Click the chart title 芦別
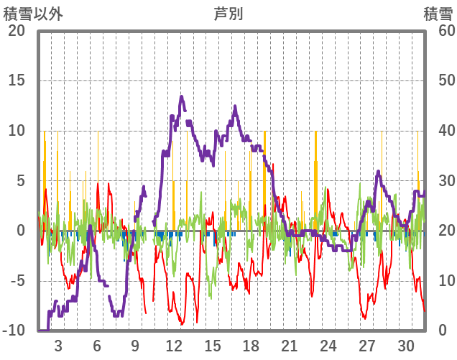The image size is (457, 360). coord(228,13)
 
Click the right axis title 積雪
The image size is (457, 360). coord(437,13)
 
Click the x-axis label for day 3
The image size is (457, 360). coord(58,345)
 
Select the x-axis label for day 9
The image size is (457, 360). coord(135,345)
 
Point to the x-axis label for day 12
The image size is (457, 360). coord(173,345)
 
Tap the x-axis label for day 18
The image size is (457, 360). coord(251,345)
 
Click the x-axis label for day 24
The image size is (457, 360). coord(328,345)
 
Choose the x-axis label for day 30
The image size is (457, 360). coord(405,345)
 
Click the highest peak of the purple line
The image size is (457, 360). coord(182,96)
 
